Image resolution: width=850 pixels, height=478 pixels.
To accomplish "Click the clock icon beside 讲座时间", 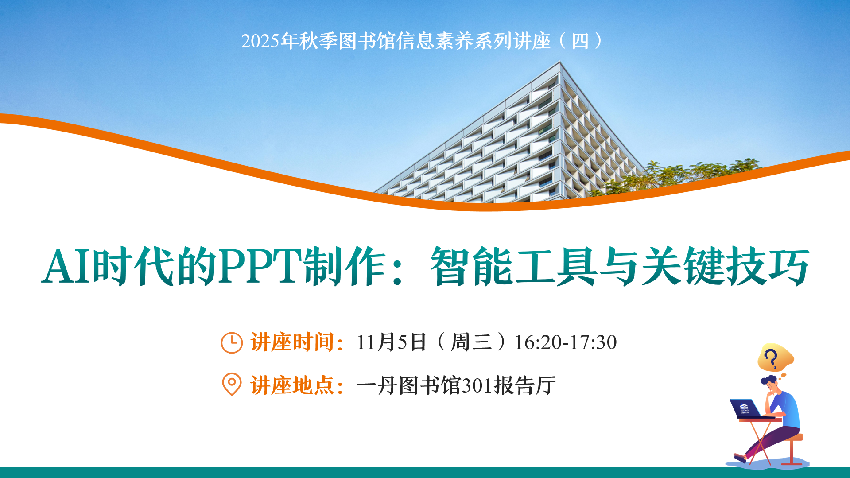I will (231, 342).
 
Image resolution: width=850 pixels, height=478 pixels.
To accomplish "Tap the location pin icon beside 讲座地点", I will (231, 384).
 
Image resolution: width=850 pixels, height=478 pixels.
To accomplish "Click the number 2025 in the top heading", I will (260, 41).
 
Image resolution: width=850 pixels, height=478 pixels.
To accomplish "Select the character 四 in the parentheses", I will (580, 41).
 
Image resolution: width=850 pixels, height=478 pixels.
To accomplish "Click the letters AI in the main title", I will (66, 266).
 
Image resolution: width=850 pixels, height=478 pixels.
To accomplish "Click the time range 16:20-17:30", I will (565, 342).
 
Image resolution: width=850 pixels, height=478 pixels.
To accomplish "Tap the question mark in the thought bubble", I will (771, 358).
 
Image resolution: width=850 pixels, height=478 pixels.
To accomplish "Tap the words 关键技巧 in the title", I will (725, 266).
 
